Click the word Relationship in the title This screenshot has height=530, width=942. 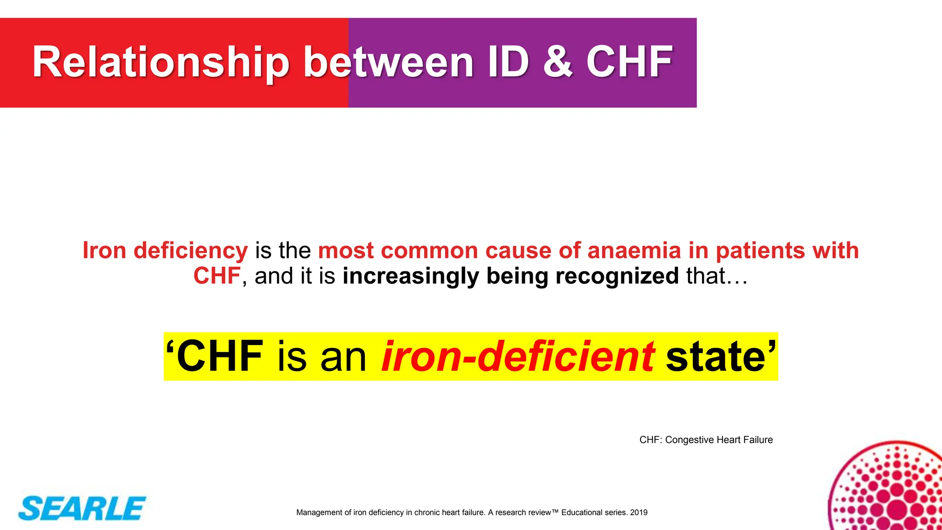[161, 63]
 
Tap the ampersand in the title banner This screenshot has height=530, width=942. [557, 62]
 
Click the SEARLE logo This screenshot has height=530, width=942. [82, 508]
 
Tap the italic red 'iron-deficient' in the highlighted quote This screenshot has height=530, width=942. [518, 357]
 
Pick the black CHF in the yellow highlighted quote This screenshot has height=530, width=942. [219, 357]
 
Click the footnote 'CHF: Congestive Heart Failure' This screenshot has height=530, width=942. [706, 440]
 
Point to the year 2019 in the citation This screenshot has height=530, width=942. [639, 513]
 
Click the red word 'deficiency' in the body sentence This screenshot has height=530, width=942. [190, 251]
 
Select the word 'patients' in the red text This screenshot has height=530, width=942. [760, 251]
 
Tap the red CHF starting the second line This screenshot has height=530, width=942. [217, 276]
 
